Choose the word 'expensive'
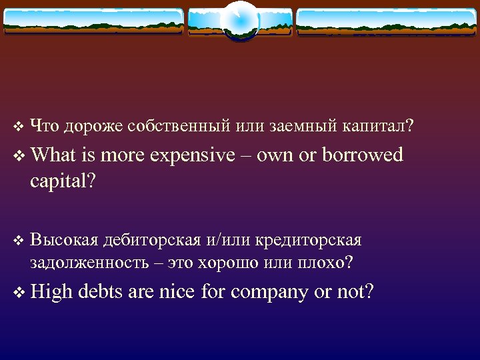193,156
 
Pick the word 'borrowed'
363,155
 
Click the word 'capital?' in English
63,182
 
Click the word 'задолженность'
89,262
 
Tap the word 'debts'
101,291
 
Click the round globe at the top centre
239,21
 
